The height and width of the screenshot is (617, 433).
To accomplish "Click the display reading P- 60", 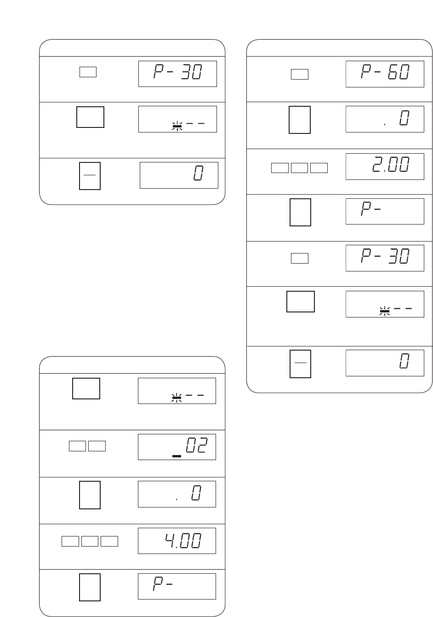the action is (385, 74).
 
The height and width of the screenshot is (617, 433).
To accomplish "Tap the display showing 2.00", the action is (385, 167).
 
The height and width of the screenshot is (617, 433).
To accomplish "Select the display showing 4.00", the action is (177, 541).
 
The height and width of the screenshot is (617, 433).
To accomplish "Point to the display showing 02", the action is (177, 447).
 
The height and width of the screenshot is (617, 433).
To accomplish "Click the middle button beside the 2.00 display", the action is (299, 168).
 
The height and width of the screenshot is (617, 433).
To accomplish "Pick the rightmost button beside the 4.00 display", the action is (109, 541).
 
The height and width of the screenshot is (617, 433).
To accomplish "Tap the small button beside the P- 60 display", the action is (300, 74).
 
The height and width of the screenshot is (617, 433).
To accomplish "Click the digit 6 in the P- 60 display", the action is (393, 72).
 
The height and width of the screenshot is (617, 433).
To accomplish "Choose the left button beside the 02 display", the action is (77, 446).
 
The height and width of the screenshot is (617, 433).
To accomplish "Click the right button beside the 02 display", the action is (97, 446).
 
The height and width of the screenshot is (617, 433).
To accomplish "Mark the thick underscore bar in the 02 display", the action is (177, 456).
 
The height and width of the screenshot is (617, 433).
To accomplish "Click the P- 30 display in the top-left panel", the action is (177, 74).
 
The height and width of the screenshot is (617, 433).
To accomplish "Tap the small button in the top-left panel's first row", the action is (88, 72).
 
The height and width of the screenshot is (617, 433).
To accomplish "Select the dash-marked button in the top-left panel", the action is (90, 176).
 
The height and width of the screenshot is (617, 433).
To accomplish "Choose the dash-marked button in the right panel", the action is (300, 363).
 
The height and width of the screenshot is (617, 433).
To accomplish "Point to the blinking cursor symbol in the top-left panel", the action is (177, 127).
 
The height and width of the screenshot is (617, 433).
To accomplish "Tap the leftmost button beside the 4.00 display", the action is (70, 541).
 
